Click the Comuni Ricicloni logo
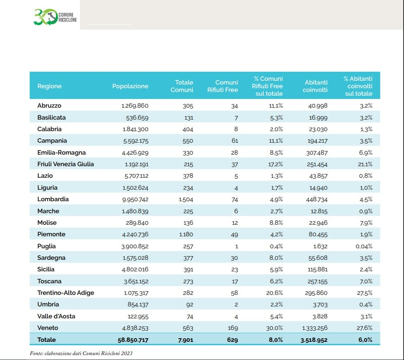tap(55, 17)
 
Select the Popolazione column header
tap(130, 86)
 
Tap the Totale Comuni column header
tap(182, 86)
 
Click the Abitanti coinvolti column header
tap(315, 86)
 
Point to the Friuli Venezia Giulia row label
tap(66, 164)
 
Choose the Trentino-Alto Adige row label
tap(66, 293)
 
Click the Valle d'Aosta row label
tap(56, 316)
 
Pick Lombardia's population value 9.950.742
tap(135, 200)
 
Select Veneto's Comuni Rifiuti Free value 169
tap(233, 328)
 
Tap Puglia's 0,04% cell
tap(364, 246)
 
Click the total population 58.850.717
tap(133, 340)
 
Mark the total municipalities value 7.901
tap(186, 340)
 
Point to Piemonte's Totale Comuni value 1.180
tap(186, 235)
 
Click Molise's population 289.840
tap(137, 223)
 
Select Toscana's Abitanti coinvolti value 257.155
tap(317, 281)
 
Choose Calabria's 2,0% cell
tap(276, 129)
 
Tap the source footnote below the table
tap(81, 353)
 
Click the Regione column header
tap(49, 86)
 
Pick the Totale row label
tap(46, 340)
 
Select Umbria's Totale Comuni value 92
tap(190, 305)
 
